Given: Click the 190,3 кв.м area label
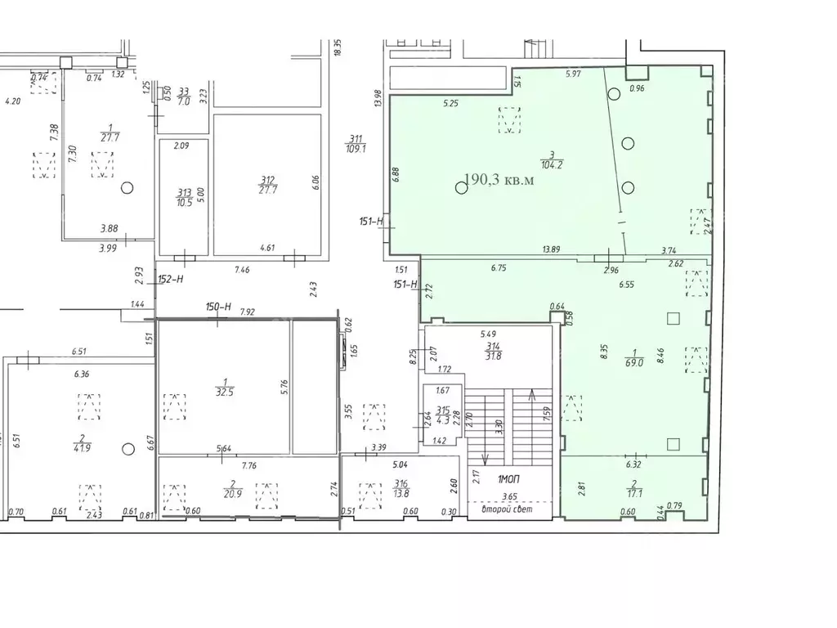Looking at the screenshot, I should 499,180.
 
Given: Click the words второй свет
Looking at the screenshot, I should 508,509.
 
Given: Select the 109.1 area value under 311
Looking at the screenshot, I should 356,149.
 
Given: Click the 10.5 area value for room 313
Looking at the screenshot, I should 183,203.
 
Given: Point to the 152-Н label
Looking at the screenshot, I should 170,279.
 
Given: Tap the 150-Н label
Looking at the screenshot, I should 219,307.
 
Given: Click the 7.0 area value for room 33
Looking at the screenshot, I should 183,101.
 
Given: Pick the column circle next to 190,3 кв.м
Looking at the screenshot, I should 461,187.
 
